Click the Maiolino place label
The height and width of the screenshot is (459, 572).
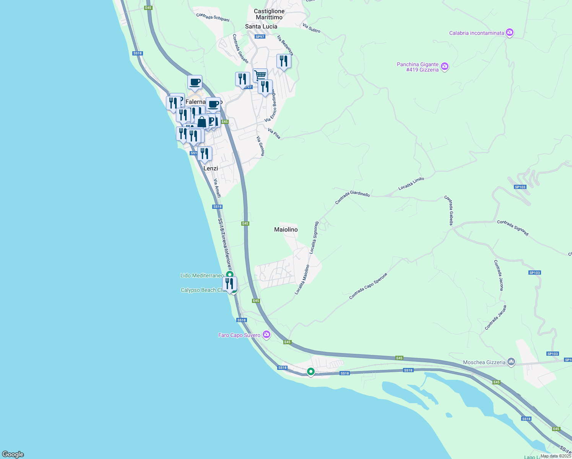click(286, 229)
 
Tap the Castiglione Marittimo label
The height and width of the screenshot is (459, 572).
click(269, 14)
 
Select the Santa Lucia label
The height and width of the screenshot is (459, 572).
click(261, 26)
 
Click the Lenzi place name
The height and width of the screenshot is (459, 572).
click(211, 168)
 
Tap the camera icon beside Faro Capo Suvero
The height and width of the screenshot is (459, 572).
click(266, 335)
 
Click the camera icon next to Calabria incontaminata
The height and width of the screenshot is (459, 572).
click(509, 33)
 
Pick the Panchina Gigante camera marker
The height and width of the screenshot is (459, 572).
click(444, 67)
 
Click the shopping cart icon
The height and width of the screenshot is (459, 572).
click(260, 75)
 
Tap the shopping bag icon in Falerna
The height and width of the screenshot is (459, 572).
click(202, 122)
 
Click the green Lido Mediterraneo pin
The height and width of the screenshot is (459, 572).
click(229, 275)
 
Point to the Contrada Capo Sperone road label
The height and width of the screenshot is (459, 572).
click(368, 286)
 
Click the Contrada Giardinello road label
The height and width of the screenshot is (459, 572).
click(353, 197)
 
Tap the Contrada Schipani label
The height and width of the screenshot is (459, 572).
click(213, 17)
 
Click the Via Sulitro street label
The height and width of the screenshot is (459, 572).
click(311, 28)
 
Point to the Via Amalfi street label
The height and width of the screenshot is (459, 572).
click(217, 188)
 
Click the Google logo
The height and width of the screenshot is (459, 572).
click(13, 454)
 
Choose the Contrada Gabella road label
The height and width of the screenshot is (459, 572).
click(448, 210)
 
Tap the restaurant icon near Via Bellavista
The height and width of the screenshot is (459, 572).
click(283, 61)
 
